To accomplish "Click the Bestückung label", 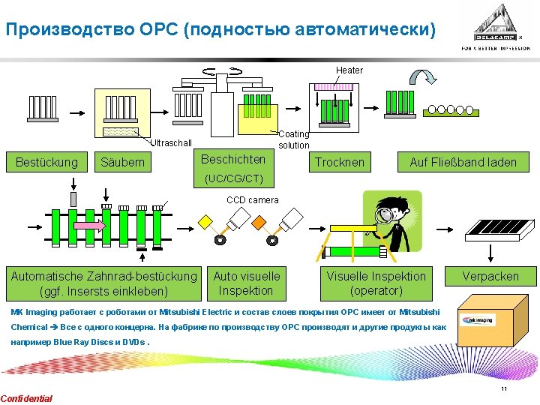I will (46, 162).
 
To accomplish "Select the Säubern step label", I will (122, 162).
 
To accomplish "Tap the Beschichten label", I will (233, 159).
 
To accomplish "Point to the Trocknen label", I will (340, 162).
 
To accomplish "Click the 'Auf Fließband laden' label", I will (463, 162).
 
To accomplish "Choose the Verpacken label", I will (490, 276).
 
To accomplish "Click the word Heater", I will (349, 70).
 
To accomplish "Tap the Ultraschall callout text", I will (172, 143).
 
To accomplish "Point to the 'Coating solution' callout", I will (293, 139).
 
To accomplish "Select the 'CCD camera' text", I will (253, 199).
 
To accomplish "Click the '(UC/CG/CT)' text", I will (234, 178).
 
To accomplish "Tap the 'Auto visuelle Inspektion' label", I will (247, 283).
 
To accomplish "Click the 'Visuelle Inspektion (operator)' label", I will (376, 283).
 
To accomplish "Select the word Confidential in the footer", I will (27, 398).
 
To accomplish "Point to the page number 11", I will (504, 388).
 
